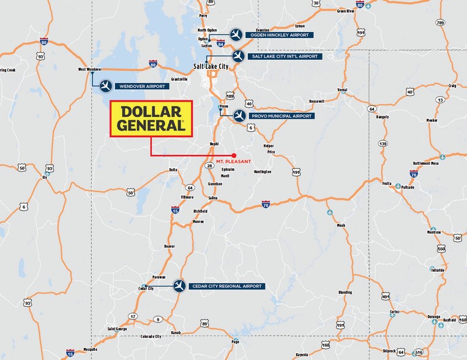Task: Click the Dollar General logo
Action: point(151,119)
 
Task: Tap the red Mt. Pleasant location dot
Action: point(234,154)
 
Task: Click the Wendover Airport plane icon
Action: point(105,86)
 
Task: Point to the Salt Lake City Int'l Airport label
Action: point(284,56)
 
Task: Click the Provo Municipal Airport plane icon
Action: point(239,115)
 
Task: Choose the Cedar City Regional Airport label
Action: point(227,286)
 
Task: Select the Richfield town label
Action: point(200,211)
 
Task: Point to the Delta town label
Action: point(173,170)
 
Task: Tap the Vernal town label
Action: point(342,89)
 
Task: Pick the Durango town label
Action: point(433,317)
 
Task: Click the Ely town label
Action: point(44,177)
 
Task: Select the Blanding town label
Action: point(345,293)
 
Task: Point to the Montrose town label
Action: point(434,232)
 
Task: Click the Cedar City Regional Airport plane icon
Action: point(179,286)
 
